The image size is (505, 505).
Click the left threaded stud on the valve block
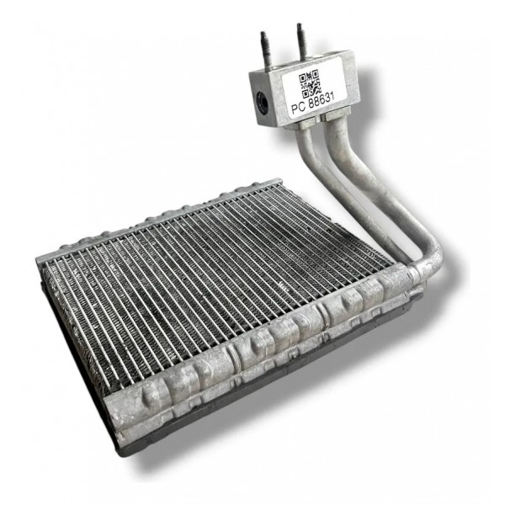tap(266, 50)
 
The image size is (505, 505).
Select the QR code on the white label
tap(309, 83)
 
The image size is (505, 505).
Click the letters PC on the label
tap(298, 107)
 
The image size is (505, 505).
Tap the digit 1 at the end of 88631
tap(332, 95)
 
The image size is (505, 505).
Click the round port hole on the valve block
tap(261, 102)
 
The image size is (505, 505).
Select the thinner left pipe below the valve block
tap(332, 187)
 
